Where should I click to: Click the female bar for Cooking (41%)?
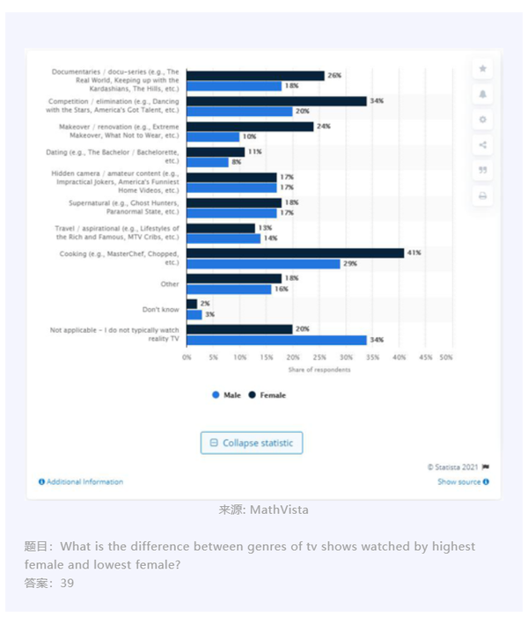click(295, 253)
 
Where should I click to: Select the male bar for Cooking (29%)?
click(263, 264)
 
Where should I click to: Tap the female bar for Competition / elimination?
click(276, 101)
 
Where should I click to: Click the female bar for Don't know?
click(192, 304)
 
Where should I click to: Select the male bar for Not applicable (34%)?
click(276, 340)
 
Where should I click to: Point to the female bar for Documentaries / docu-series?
click(255, 76)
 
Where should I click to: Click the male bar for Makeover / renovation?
click(212, 136)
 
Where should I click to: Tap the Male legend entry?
click(226, 395)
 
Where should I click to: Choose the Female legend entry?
click(268, 395)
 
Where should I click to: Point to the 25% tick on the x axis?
click(319, 358)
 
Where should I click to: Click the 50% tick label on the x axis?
click(446, 358)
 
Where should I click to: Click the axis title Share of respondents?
click(320, 370)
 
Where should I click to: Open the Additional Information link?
click(81, 481)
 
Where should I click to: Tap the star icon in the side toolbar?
click(482, 69)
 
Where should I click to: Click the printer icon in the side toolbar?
click(482, 195)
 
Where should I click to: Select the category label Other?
click(170, 284)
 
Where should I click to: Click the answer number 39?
click(67, 583)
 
